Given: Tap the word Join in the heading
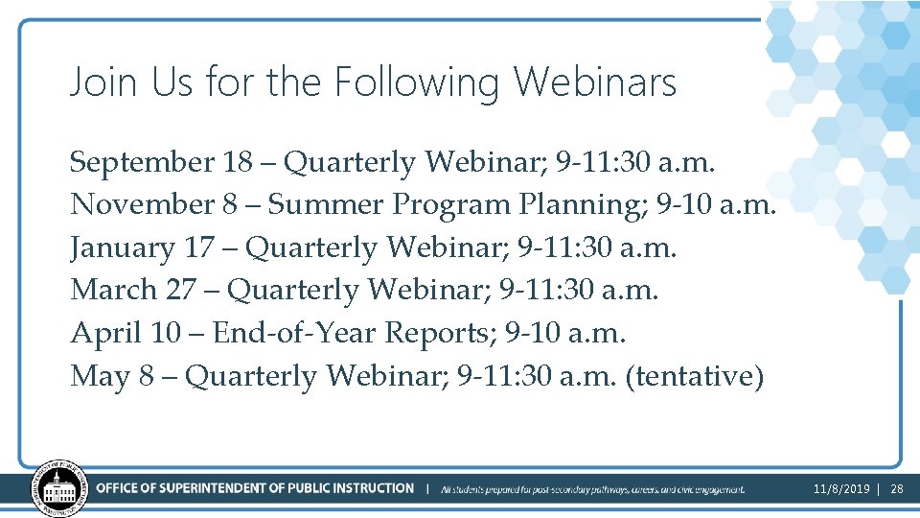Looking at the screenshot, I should [98, 82].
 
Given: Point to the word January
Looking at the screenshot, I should [121, 247].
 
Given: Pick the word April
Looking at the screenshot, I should [105, 333].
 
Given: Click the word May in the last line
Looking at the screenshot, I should [100, 376].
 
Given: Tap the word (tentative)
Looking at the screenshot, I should [694, 376].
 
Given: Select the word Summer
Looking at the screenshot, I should [329, 205].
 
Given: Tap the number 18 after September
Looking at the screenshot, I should [237, 163].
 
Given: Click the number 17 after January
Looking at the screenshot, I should [198, 247].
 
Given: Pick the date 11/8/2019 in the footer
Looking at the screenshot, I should [841, 489].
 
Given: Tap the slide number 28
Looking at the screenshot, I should [897, 489].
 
